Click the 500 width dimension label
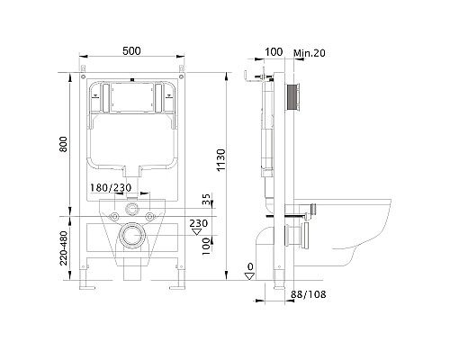click(x=131, y=51)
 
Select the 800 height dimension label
click(x=63, y=144)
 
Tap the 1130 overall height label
click(x=220, y=160)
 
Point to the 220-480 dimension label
click(x=63, y=247)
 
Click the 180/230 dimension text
click(x=111, y=188)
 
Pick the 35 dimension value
click(x=206, y=199)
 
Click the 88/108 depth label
click(x=308, y=294)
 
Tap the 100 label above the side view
click(x=274, y=52)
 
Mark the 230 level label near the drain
click(x=198, y=223)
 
